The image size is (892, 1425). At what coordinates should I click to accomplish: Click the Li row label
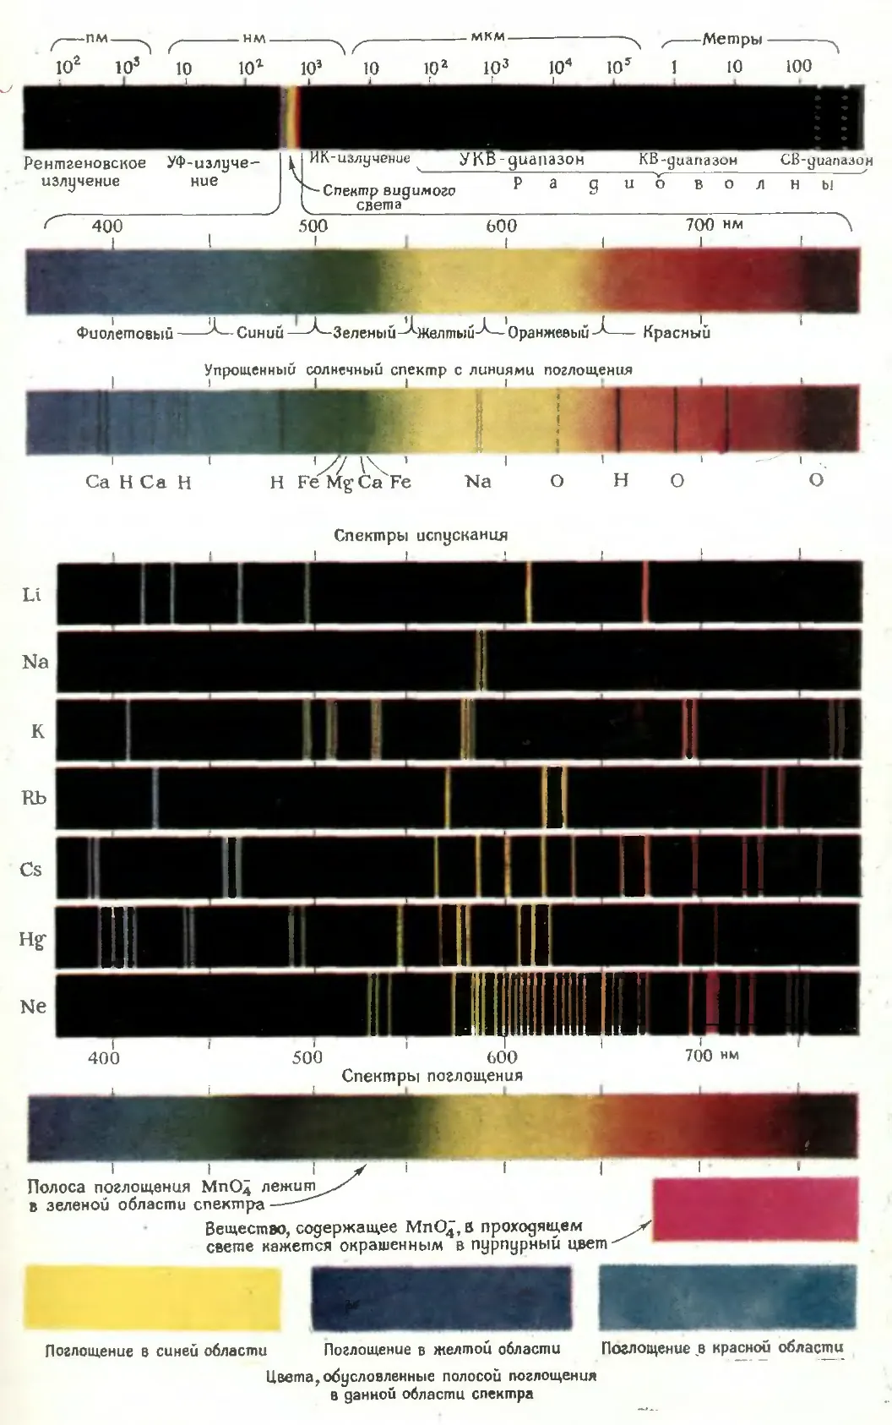click(31, 595)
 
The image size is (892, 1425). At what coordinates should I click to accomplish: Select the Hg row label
click(32, 940)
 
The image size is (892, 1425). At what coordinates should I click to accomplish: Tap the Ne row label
click(33, 1007)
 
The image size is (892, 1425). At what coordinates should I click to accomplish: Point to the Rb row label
click(34, 798)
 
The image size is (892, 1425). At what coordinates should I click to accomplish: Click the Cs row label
click(30, 869)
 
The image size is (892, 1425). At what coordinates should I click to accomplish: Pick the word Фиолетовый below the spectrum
click(125, 333)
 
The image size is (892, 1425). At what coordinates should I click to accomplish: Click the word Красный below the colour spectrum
click(676, 332)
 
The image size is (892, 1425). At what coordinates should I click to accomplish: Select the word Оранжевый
click(547, 333)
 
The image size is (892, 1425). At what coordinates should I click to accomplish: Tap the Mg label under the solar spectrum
click(340, 483)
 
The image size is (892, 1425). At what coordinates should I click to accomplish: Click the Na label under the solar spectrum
click(478, 481)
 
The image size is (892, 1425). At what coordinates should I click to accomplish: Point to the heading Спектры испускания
click(421, 535)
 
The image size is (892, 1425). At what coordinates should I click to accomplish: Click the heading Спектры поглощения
click(432, 1075)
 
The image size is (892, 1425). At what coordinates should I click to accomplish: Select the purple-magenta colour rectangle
click(754, 1209)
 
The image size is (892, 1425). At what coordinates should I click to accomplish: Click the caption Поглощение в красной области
click(722, 1346)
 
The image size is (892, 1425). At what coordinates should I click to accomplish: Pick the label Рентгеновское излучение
click(84, 172)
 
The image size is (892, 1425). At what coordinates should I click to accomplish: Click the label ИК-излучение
click(360, 158)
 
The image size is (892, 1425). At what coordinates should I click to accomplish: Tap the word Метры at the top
click(732, 40)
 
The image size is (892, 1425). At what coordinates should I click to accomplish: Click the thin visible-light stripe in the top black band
click(293, 117)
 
